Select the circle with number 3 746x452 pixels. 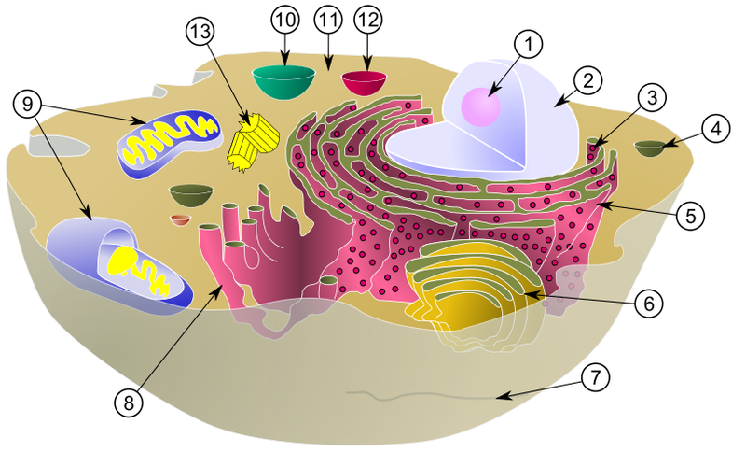tap(651, 98)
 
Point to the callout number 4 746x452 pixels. tap(713, 129)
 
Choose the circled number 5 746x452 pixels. tap(688, 215)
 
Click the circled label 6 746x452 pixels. tap(650, 303)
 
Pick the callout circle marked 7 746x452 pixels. tap(595, 377)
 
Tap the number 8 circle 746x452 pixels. tap(131, 401)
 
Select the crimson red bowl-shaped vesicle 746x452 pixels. tap(365, 82)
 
